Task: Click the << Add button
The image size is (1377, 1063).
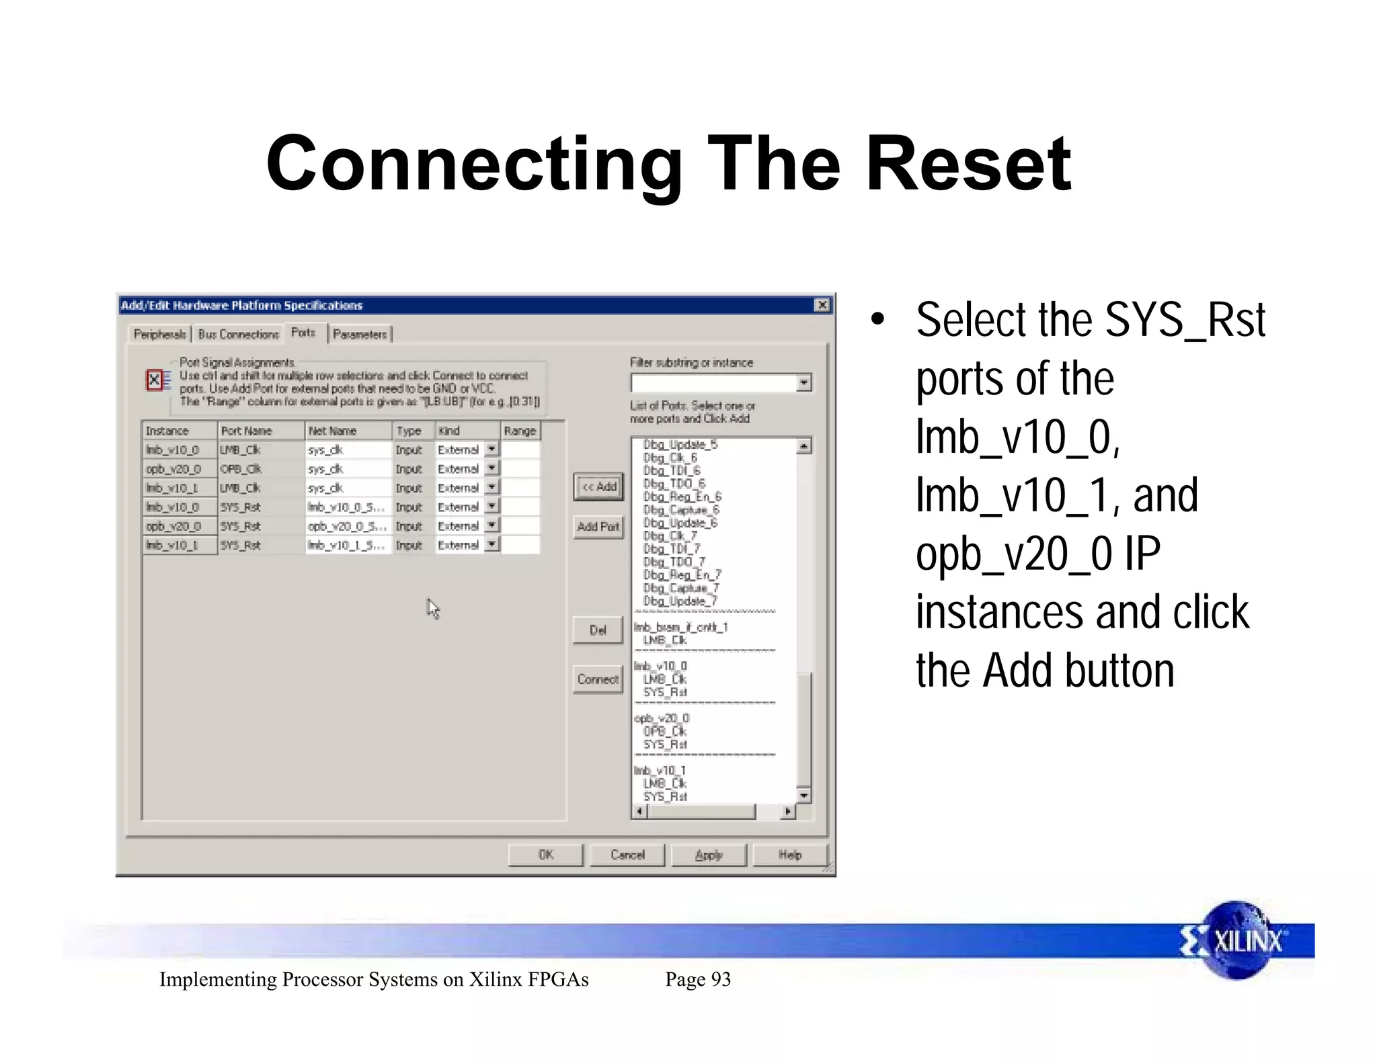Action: [x=598, y=487]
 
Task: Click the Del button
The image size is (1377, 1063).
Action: [x=598, y=630]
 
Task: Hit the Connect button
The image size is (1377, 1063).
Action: [x=598, y=679]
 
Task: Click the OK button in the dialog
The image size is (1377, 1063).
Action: [x=545, y=855]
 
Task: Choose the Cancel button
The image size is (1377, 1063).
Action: [x=627, y=855]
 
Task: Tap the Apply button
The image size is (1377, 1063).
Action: [x=709, y=855]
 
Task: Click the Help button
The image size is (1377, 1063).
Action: [x=790, y=855]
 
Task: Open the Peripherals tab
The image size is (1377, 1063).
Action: [x=160, y=334]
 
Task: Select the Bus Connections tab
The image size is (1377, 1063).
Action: [x=239, y=334]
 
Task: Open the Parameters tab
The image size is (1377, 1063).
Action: [x=360, y=334]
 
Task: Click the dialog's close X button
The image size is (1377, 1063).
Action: [x=822, y=305]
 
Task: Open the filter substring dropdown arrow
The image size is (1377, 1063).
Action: [x=804, y=383]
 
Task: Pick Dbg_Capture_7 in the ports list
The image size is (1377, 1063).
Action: [x=681, y=588]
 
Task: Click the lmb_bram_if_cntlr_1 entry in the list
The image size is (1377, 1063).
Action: [x=681, y=627]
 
